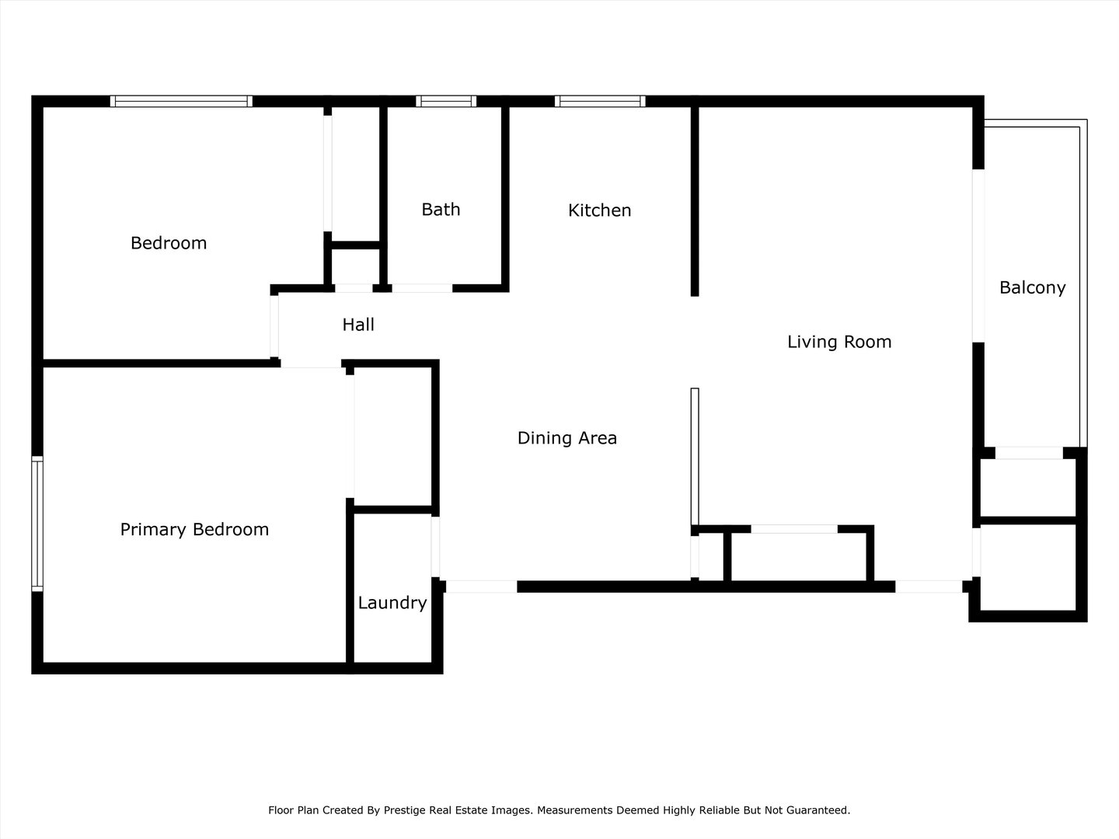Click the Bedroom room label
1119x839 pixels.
coord(169,243)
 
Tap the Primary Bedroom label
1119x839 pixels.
coord(194,530)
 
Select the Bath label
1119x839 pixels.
coord(441,210)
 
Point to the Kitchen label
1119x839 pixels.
coord(599,210)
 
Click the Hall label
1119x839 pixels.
coord(358,325)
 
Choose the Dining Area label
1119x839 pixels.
coord(567,438)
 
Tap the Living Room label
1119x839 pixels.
coord(839,342)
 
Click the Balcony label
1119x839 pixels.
coord(1032,287)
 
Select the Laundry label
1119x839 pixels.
coord(392,603)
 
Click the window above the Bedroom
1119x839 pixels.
coord(182,101)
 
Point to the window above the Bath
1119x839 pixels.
coord(446,101)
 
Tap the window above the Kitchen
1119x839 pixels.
coord(600,101)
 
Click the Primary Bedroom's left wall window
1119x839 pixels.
coord(37,524)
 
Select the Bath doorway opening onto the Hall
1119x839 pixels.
coord(422,288)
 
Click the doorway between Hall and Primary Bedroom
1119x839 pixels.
coord(311,364)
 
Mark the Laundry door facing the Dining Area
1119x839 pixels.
coord(435,547)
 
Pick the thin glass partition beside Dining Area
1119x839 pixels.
coord(695,457)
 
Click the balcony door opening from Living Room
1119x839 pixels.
coord(978,256)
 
